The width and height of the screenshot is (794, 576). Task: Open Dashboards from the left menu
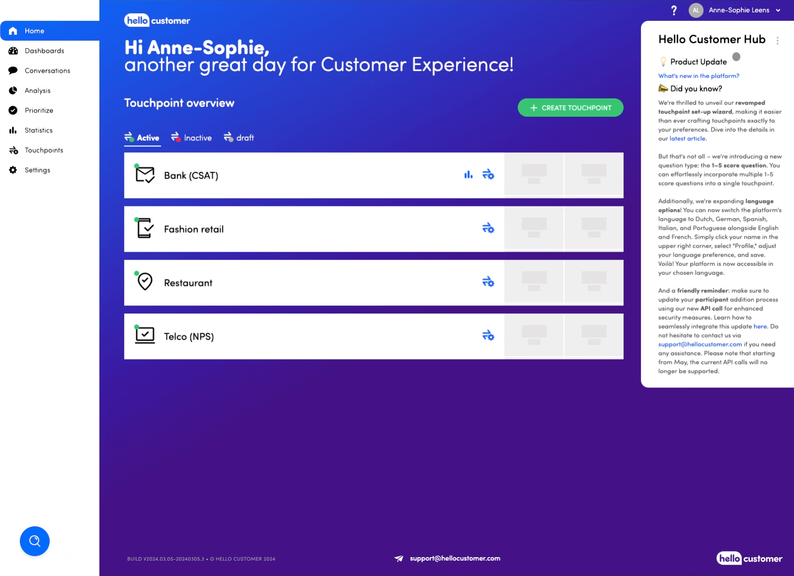pos(44,51)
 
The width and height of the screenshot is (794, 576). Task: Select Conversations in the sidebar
pos(48,71)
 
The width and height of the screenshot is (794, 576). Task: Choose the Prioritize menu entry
pos(39,110)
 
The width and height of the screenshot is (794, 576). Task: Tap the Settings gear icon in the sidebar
pos(13,170)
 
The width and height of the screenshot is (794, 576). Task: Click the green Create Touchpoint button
pos(570,107)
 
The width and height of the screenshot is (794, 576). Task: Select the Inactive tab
pos(191,138)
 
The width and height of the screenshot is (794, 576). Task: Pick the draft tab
pos(239,138)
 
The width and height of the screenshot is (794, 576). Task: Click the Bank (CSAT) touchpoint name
pos(191,176)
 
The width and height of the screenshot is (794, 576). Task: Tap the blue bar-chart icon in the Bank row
pos(468,175)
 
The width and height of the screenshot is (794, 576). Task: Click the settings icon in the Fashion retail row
pos(488,228)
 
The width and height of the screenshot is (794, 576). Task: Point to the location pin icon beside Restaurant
pos(145,282)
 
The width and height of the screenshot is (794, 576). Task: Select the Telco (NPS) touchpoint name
pos(189,337)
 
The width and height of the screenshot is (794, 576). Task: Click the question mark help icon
pos(674,10)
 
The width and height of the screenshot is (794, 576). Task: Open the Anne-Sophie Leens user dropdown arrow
pos(778,10)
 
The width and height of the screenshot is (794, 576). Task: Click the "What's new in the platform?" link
pos(699,76)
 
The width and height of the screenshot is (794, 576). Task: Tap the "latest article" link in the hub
pos(687,139)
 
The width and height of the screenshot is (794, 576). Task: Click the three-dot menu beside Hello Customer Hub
pos(777,41)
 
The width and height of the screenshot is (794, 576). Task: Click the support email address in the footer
pos(455,558)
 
